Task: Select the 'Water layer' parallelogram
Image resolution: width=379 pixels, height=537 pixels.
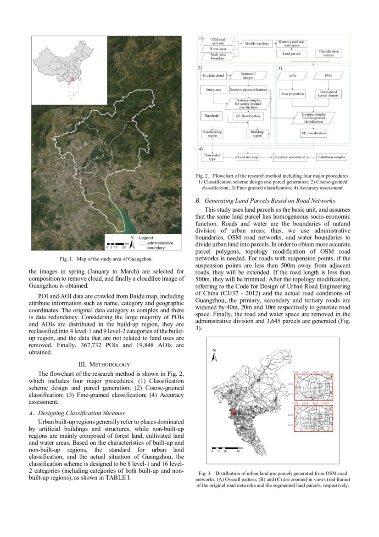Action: tap(217, 49)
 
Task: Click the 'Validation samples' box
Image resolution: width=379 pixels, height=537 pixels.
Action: tap(331, 157)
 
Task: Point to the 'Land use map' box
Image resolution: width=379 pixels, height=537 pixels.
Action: tap(248, 157)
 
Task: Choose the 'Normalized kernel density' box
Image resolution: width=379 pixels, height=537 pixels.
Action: tap(328, 94)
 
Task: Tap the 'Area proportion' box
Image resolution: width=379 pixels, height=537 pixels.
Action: tap(292, 94)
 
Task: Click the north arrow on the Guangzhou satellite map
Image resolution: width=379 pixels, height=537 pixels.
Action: tap(132, 239)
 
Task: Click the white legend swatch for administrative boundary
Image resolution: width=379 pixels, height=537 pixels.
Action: tap(142, 242)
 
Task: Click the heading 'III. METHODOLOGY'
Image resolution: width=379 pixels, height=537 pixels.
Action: tap(106, 364)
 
